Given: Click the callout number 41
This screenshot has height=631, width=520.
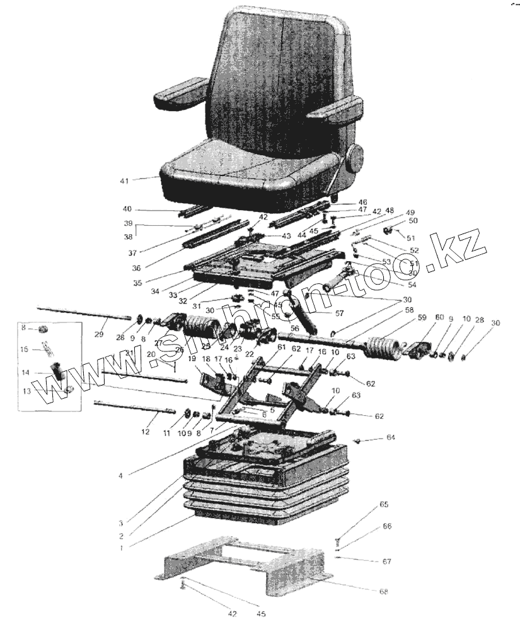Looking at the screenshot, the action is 124,181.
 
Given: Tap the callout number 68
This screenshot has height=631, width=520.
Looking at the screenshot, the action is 383,591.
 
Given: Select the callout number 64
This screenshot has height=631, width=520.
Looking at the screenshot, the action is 390,437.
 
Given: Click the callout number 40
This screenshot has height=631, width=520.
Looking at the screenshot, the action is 127,209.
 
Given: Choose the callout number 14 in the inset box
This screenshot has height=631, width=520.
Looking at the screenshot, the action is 26,373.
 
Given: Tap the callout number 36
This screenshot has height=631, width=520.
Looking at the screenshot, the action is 136,268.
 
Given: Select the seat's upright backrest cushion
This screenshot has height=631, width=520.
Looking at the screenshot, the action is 277,82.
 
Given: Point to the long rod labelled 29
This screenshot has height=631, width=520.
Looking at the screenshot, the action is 82,312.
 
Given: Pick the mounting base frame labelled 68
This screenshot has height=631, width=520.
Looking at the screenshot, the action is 249,568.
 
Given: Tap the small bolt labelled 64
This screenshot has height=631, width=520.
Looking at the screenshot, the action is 358,440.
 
